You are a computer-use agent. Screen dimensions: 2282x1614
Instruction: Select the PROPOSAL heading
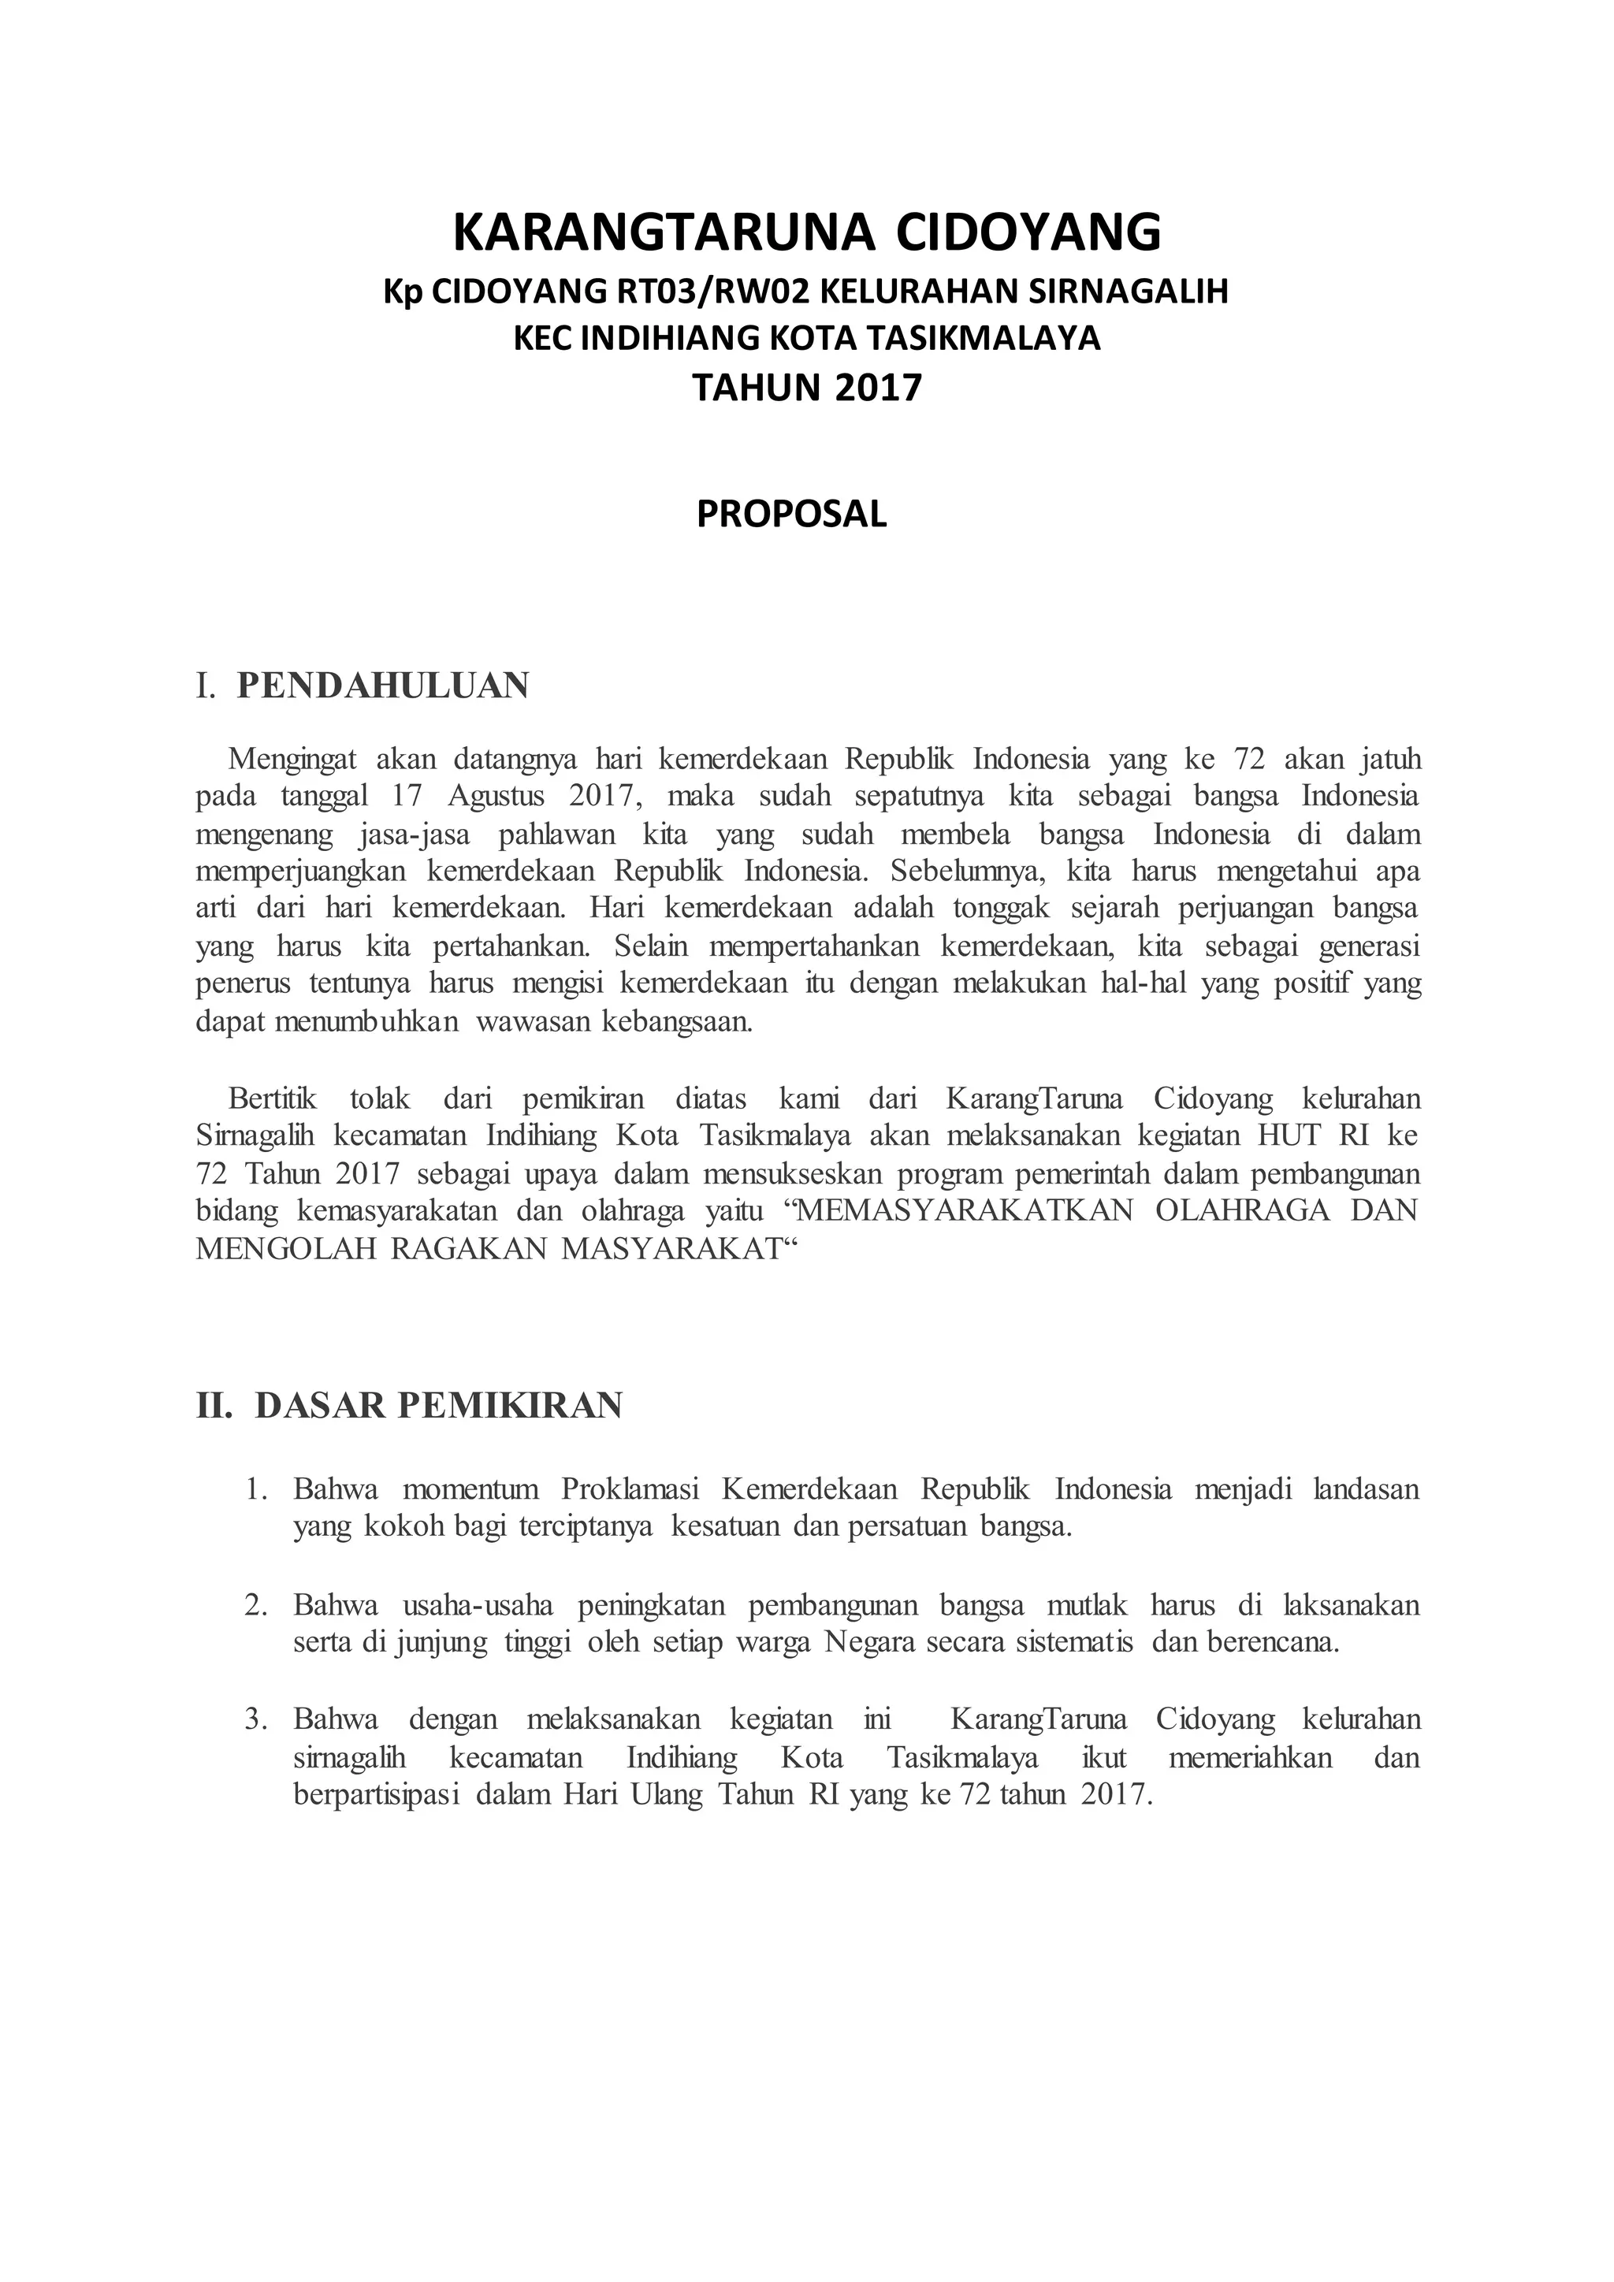click(791, 514)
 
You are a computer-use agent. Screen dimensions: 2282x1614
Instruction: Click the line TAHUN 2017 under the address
click(807, 387)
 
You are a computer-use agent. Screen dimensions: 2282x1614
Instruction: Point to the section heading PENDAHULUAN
click(383, 686)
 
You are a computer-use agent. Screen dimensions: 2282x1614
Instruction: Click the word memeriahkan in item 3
click(1250, 1758)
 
